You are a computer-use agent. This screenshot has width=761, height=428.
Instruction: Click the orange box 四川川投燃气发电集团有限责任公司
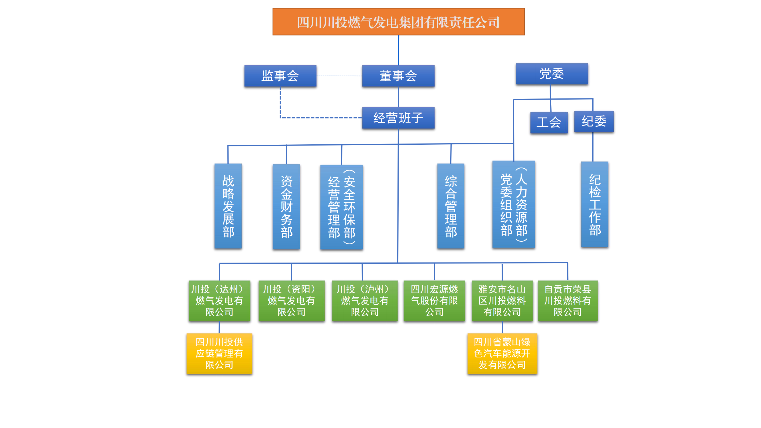tap(398, 22)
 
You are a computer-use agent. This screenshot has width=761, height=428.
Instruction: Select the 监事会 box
tap(280, 76)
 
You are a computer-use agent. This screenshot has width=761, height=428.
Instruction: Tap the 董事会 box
tap(398, 76)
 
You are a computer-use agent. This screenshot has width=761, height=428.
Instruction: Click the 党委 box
tap(552, 74)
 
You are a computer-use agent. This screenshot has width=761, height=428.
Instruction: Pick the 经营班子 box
tap(398, 118)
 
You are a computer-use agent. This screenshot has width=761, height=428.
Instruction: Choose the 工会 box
tap(549, 122)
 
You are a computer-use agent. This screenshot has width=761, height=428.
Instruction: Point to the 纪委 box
tap(594, 121)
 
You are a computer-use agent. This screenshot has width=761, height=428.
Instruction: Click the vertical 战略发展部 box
tap(228, 206)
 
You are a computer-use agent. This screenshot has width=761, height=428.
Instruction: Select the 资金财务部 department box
tap(286, 207)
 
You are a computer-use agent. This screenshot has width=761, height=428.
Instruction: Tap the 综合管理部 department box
tap(451, 206)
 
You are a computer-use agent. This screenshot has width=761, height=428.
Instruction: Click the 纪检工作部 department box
tap(594, 204)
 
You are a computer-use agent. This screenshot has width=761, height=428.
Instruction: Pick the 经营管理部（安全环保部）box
tap(342, 207)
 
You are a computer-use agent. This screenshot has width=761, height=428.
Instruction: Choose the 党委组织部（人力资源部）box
tap(513, 204)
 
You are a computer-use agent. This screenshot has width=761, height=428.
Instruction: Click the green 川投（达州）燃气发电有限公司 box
tap(219, 301)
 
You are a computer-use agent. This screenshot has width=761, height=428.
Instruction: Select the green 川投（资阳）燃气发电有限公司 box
tap(291, 301)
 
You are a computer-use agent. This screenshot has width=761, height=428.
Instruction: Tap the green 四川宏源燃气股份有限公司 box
tap(434, 301)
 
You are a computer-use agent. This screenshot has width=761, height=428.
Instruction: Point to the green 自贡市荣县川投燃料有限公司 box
tap(568, 301)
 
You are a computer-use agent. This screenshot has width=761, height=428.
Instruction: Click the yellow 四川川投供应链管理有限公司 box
tap(219, 353)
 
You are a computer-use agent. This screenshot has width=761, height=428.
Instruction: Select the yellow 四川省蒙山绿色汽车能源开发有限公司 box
tap(502, 353)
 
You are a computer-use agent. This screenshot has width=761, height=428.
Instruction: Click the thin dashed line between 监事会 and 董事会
tap(339, 76)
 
